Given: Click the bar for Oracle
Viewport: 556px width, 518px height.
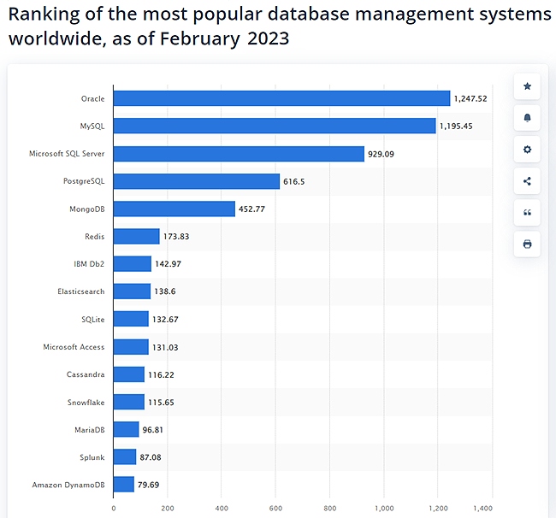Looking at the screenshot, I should click(x=281, y=98).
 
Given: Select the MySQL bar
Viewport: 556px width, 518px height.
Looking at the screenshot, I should click(x=275, y=127).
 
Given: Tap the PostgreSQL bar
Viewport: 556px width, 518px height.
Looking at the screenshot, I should click(x=197, y=181).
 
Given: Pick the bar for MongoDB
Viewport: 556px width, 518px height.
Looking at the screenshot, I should click(x=174, y=209).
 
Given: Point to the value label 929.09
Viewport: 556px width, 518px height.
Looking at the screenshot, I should click(x=382, y=154).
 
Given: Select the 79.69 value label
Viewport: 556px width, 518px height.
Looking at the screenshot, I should click(x=151, y=485).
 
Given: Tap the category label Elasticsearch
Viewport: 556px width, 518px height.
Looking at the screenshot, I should click(x=80, y=291).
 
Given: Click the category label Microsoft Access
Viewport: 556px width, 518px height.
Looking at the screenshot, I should click(x=74, y=347).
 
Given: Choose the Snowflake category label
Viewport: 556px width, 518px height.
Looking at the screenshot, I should click(x=86, y=402).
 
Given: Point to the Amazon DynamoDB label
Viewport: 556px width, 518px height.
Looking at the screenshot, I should click(x=68, y=485).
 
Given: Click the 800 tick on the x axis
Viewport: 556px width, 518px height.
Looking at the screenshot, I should click(x=329, y=508).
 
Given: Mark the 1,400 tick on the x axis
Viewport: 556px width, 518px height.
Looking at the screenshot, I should click(x=491, y=508).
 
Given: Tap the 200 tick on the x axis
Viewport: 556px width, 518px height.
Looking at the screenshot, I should click(x=168, y=508).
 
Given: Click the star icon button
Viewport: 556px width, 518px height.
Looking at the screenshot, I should click(x=527, y=86).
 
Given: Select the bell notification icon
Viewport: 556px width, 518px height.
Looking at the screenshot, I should click(x=527, y=118).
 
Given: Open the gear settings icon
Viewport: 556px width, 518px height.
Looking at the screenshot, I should click(x=527, y=150).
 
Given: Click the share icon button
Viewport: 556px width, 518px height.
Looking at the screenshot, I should click(x=527, y=181).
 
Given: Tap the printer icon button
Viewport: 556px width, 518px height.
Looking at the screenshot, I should click(x=527, y=244).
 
